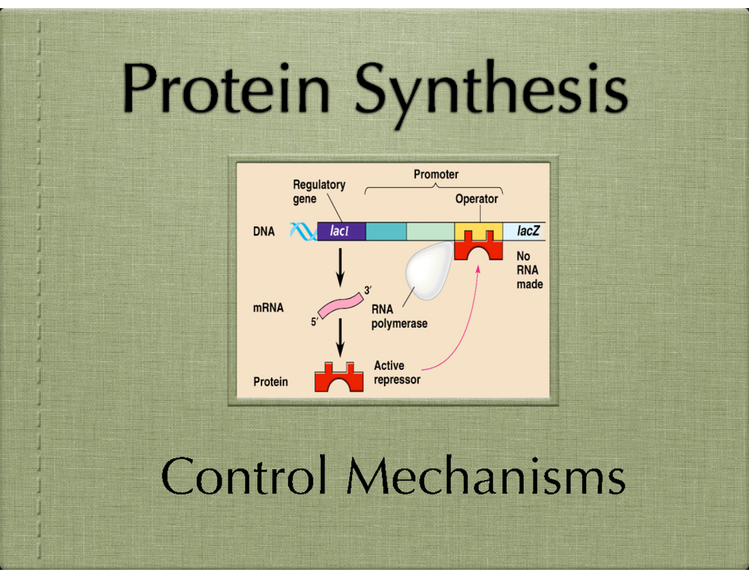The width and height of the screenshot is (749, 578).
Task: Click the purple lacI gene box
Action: click(341, 232)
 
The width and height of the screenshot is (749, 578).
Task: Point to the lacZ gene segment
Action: click(524, 232)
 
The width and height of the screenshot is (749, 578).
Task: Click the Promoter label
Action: click(436, 175)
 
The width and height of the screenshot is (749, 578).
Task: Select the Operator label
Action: click(477, 199)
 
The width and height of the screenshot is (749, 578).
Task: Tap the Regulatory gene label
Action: click(318, 192)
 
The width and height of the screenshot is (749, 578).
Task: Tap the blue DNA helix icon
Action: click(303, 232)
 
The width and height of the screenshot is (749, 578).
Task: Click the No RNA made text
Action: click(530, 270)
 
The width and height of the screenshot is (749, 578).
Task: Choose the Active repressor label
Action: click(397, 372)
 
